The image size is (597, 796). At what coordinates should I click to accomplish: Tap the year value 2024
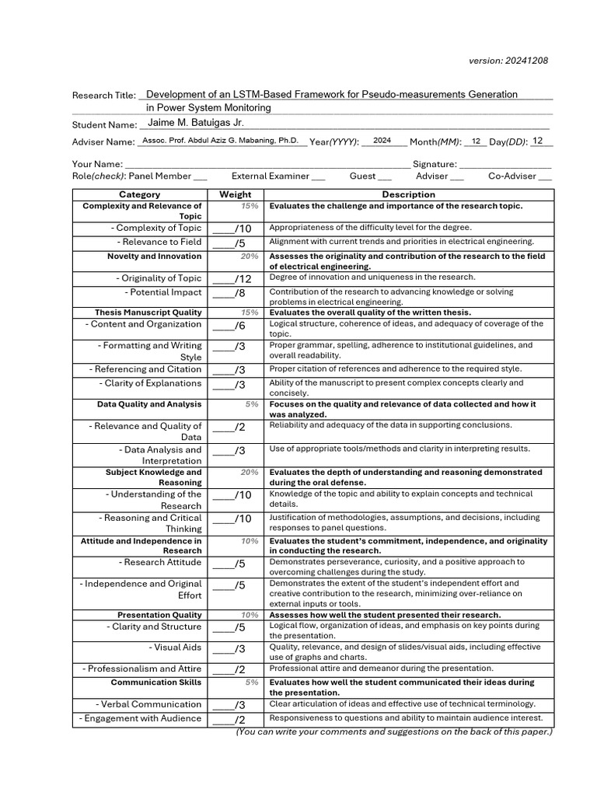click(382, 141)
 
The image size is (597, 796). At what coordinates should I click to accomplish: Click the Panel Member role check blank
click(200, 177)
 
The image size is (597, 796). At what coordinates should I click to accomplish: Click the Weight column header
click(235, 194)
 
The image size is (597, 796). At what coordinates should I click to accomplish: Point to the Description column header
click(408, 194)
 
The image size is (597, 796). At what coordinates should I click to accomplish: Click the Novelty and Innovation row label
click(154, 257)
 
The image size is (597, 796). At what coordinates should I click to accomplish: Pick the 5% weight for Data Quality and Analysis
click(251, 404)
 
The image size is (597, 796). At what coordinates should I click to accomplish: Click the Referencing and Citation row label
click(145, 369)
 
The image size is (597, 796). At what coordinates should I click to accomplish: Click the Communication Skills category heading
click(156, 683)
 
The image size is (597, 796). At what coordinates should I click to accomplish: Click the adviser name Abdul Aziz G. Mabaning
click(220, 141)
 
